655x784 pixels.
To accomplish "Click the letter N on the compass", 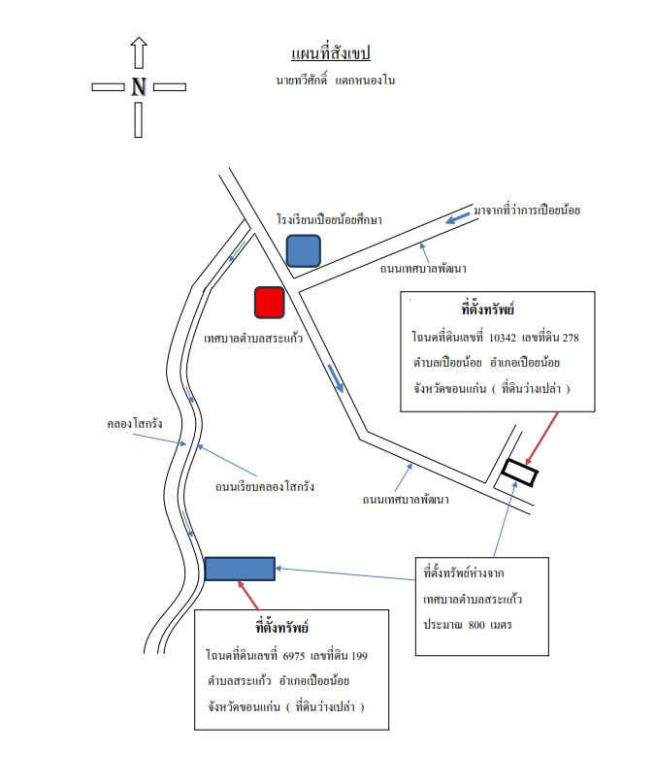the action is tap(139, 87).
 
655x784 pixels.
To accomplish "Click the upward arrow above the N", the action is tap(139, 52).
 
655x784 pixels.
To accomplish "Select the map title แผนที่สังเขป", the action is tap(331, 53).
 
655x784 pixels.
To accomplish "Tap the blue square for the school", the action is tap(304, 251).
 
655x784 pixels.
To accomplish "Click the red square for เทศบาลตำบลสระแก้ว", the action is tap(270, 303).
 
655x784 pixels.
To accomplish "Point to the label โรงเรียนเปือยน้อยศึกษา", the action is tap(330, 219).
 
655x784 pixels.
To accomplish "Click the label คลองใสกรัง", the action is tap(135, 423).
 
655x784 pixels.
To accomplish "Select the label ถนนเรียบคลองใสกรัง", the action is tap(265, 486).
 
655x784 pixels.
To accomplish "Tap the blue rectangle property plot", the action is tap(240, 569).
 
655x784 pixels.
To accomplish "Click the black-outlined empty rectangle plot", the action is tap(520, 473).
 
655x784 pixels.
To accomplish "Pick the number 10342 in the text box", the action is tap(502, 338).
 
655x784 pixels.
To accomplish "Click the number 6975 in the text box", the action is tap(293, 656).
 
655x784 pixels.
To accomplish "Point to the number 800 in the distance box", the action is tap(476, 625).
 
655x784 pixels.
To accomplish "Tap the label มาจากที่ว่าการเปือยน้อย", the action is tap(527, 210).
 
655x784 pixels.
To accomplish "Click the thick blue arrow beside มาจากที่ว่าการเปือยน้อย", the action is tap(457, 218).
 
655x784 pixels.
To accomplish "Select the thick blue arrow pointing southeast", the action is tap(336, 378).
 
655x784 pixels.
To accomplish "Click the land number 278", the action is tap(571, 338).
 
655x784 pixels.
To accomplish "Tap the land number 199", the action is tap(359, 656).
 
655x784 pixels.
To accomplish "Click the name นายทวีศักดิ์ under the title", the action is tap(302, 80).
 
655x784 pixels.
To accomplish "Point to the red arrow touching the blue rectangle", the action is tap(248, 596).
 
